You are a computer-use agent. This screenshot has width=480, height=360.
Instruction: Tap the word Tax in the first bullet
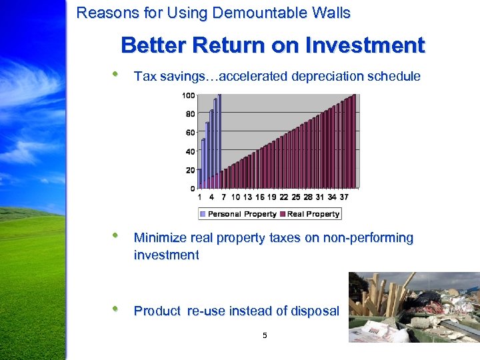(144, 76)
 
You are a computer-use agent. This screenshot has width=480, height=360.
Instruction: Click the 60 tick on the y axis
(190, 133)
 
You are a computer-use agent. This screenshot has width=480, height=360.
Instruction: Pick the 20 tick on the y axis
(190, 170)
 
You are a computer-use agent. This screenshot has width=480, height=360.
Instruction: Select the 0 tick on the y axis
(192, 189)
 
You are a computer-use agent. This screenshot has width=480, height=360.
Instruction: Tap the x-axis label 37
(344, 197)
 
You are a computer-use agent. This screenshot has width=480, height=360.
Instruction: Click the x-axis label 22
(284, 197)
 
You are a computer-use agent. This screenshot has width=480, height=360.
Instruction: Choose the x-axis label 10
(235, 197)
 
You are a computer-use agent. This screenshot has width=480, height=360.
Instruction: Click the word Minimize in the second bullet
(161, 238)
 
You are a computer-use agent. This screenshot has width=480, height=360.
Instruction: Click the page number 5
(265, 335)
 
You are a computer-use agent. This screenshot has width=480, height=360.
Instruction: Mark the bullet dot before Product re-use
(116, 309)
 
